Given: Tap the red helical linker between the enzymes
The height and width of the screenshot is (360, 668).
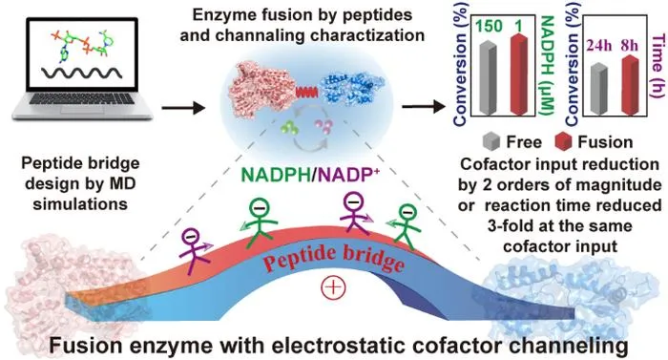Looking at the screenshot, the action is (306, 92).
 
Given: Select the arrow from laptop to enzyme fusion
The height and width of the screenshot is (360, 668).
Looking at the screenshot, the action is (183, 107).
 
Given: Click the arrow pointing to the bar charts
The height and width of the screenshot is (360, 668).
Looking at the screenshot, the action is (424, 107).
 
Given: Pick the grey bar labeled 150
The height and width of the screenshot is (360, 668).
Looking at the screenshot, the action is (489, 77).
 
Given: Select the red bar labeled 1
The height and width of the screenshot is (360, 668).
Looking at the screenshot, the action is (519, 74).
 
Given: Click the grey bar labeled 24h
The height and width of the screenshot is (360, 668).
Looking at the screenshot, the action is (598, 89).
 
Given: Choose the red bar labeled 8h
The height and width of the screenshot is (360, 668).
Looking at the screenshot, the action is (630, 85).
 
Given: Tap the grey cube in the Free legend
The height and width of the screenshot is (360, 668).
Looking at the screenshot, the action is (491, 141).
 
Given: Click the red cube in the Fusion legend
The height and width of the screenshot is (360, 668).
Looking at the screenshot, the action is (563, 141).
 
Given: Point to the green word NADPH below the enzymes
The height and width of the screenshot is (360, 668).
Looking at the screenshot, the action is (276, 176).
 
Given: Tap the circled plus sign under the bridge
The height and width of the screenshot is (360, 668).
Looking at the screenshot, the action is (334, 287).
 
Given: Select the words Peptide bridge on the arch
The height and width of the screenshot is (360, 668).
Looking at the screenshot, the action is (334, 258).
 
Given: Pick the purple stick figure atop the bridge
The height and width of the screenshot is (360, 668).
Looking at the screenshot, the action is (355, 213).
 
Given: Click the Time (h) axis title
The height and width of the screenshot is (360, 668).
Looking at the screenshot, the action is (658, 66).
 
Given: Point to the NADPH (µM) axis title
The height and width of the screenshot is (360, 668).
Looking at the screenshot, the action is (546, 65).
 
